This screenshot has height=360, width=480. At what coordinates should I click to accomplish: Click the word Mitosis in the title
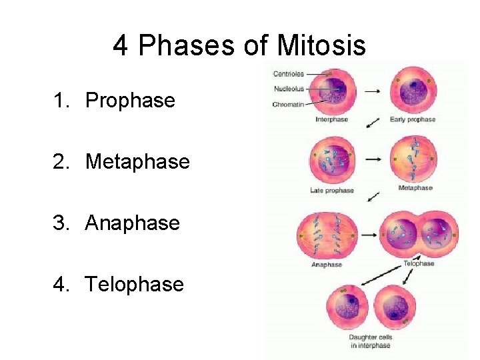[321, 46]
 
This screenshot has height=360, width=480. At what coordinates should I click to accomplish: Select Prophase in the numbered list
[130, 101]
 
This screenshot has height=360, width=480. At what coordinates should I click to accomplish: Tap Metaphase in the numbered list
[137, 162]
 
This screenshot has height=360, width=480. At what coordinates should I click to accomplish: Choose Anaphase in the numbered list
[132, 223]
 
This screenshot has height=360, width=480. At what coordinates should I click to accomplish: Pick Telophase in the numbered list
[134, 285]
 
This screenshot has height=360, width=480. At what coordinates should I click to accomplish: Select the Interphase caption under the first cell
[331, 120]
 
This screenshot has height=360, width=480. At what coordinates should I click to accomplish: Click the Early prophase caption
[412, 120]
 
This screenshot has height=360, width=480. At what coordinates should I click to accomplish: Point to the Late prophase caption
[331, 191]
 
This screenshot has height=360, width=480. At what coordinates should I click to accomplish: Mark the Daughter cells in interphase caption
[371, 341]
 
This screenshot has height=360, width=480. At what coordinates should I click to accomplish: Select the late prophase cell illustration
[333, 160]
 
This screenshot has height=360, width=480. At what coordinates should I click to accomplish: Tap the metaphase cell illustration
[414, 160]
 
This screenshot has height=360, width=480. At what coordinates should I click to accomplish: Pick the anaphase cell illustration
[327, 235]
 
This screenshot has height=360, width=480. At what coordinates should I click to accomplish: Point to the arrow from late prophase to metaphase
[374, 159]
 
